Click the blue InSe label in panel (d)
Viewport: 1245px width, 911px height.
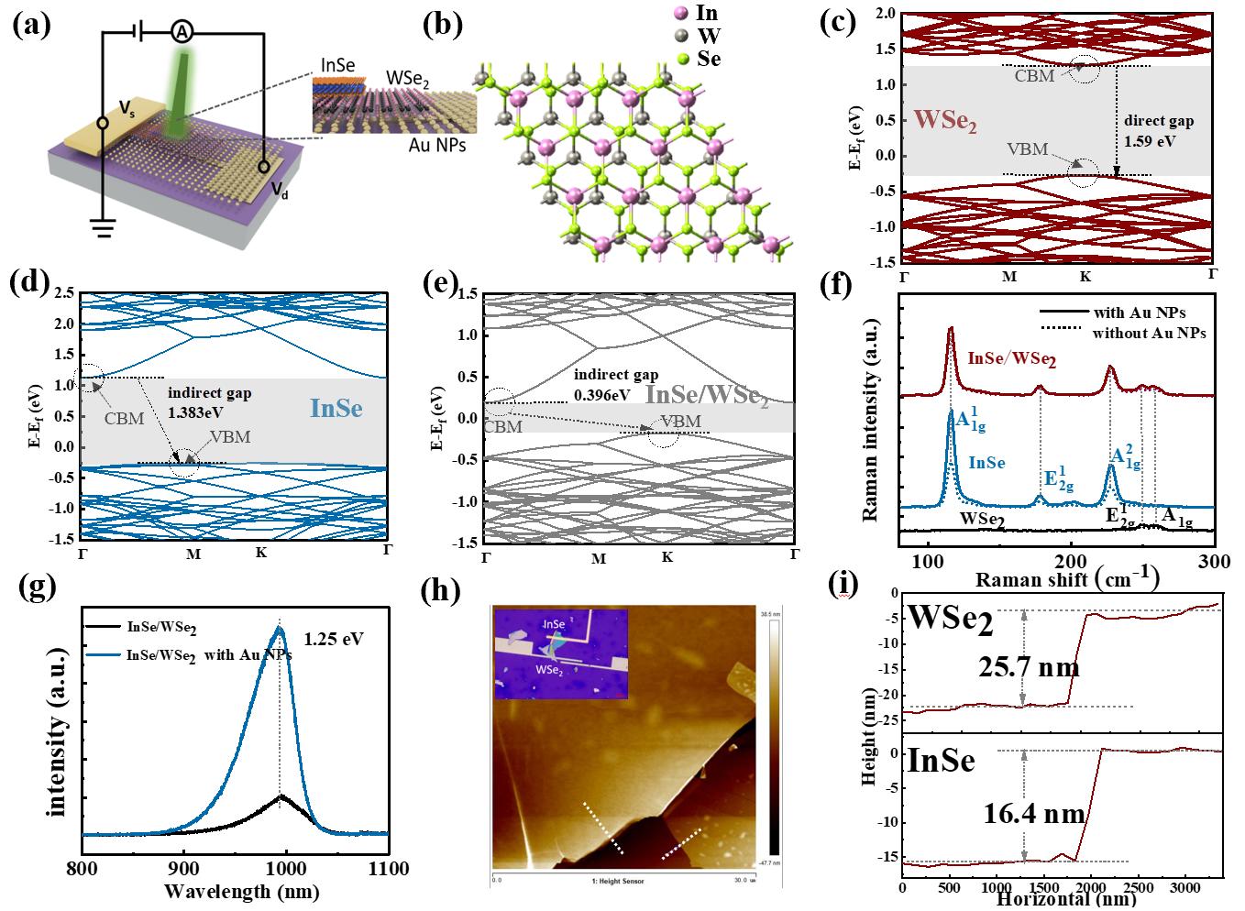coord(336,408)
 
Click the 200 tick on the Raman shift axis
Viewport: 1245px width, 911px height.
coord(1072,561)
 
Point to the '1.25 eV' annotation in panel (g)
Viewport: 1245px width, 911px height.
coord(336,638)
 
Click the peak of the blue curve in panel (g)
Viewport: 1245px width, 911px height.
coord(280,627)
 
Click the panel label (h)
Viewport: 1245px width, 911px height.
coord(439,593)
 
